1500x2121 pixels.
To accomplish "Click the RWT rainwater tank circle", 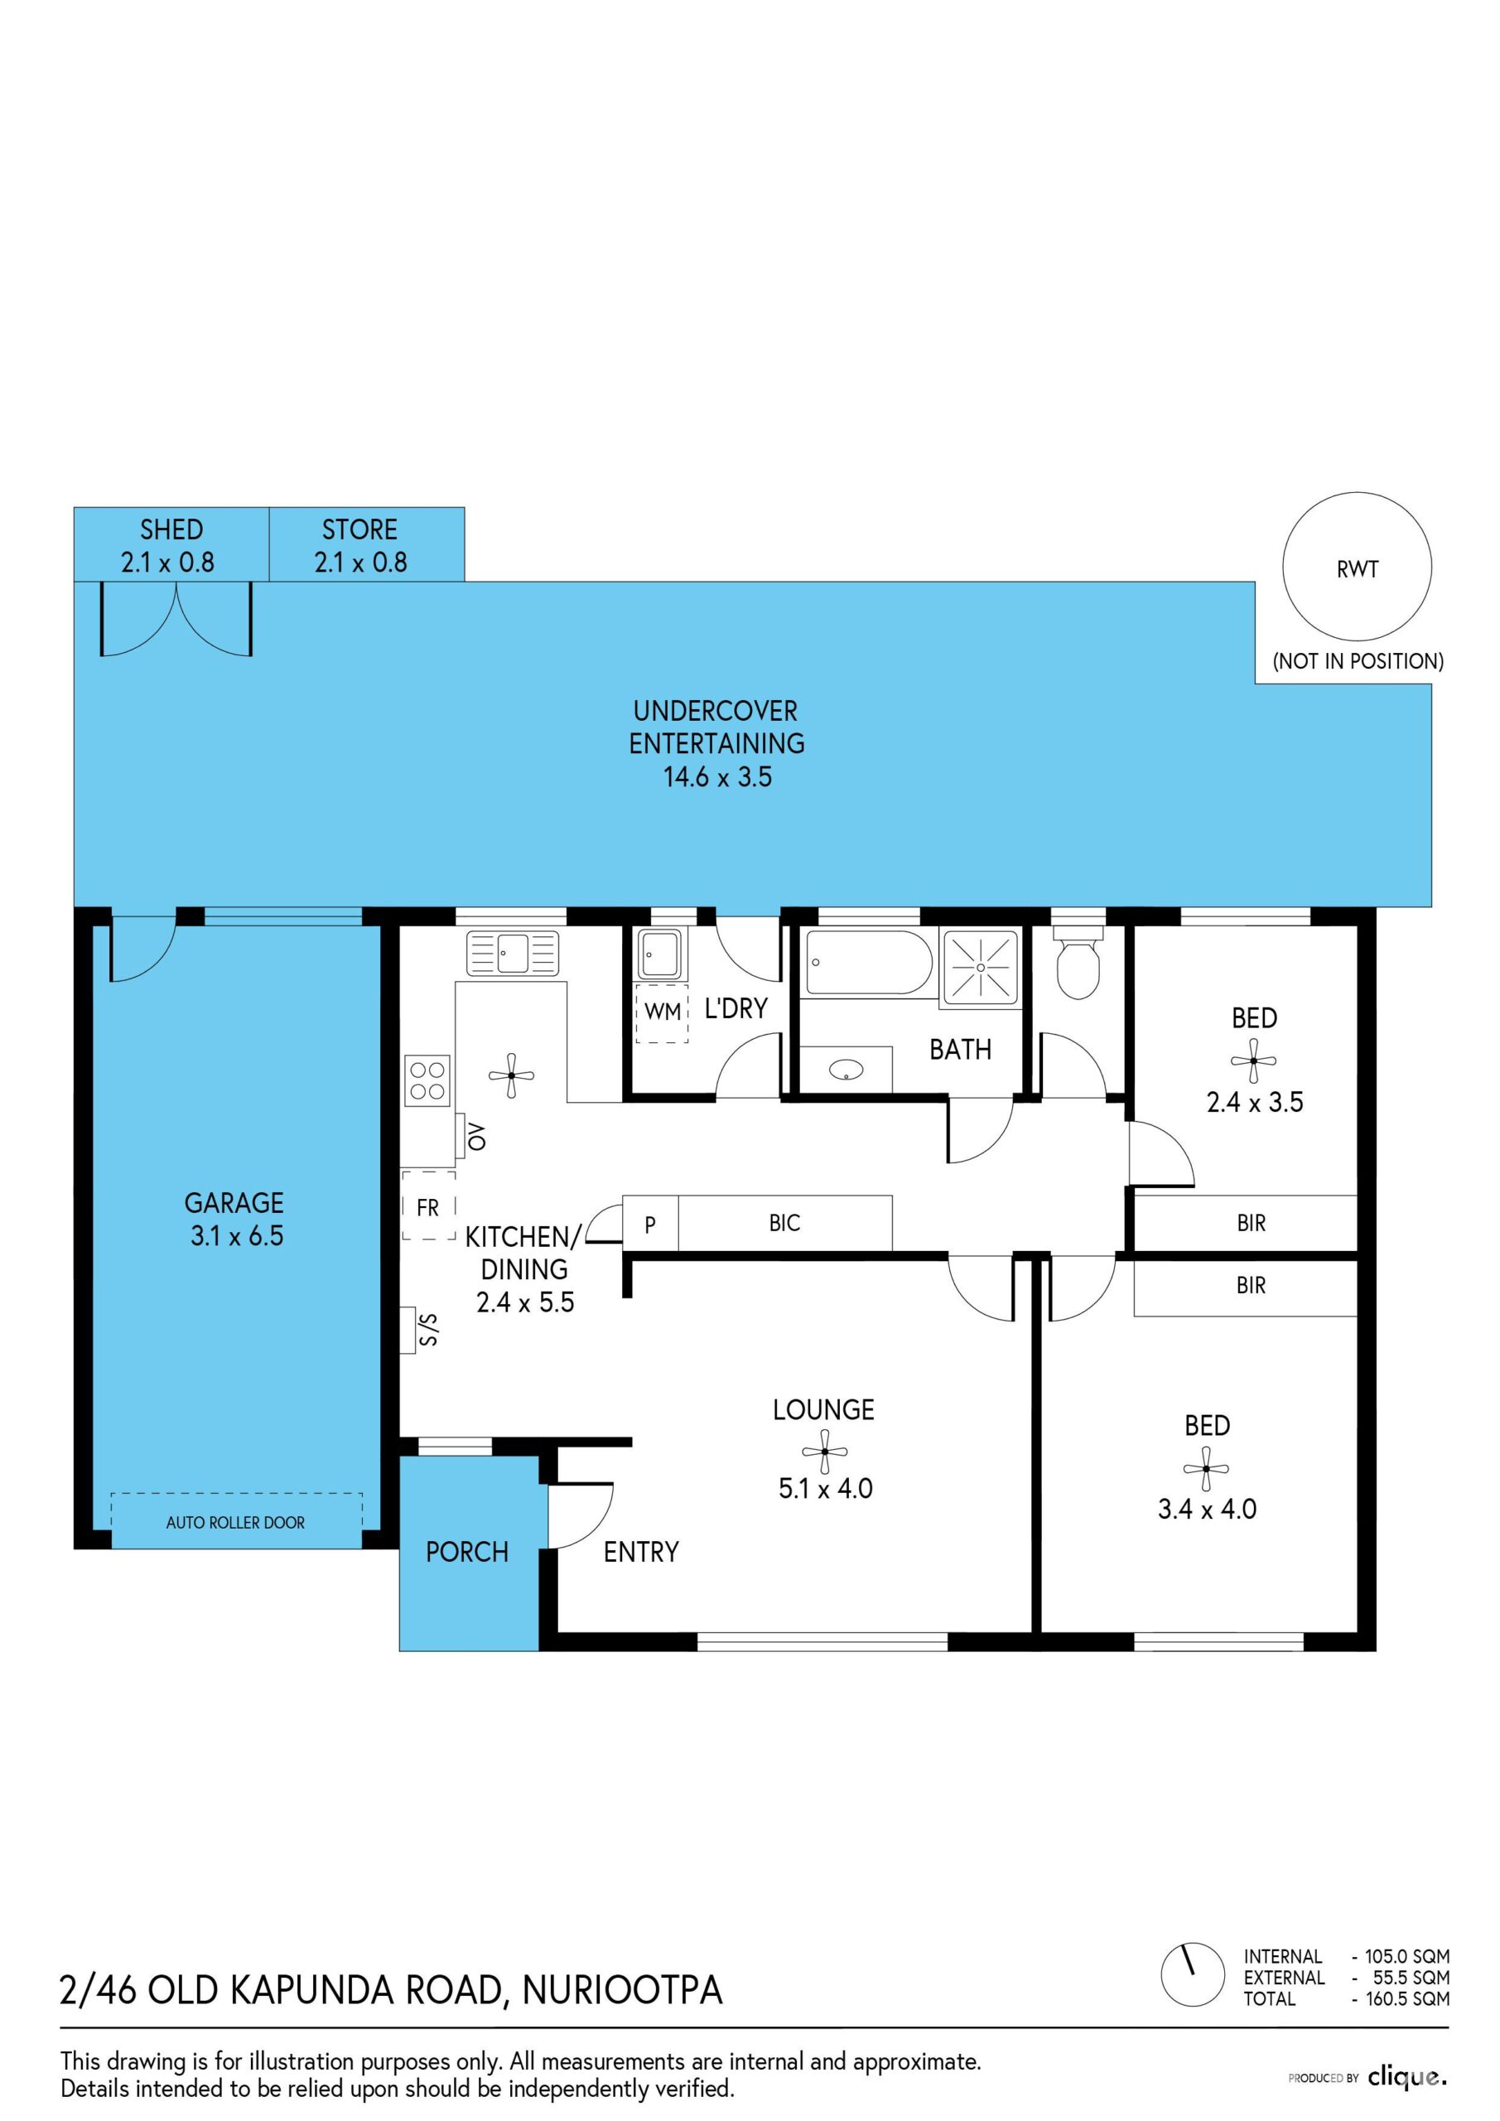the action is pyautogui.click(x=1283, y=568).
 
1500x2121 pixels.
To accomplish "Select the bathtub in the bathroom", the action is pyautogui.click(x=869, y=962).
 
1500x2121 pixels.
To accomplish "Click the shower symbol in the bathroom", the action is pyautogui.click(x=980, y=967).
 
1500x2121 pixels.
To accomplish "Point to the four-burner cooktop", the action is pyautogui.click(x=427, y=1080).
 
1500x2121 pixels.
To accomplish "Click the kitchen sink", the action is pyautogui.click(x=513, y=954).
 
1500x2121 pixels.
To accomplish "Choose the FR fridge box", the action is pyautogui.click(x=428, y=1205).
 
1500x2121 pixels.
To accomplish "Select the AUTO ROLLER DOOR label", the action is pyautogui.click(x=235, y=1522).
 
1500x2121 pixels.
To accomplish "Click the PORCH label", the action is pyautogui.click(x=466, y=1552).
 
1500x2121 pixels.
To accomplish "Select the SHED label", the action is pyautogui.click(x=171, y=529).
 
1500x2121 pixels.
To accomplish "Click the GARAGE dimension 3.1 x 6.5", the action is pyautogui.click(x=236, y=1236).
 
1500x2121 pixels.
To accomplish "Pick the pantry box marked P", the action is pyautogui.click(x=650, y=1224).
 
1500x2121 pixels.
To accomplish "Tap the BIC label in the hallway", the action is pyautogui.click(x=784, y=1223).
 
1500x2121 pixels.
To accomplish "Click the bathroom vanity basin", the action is pyautogui.click(x=846, y=1070).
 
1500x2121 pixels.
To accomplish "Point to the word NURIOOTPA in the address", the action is pyautogui.click(x=623, y=1990).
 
